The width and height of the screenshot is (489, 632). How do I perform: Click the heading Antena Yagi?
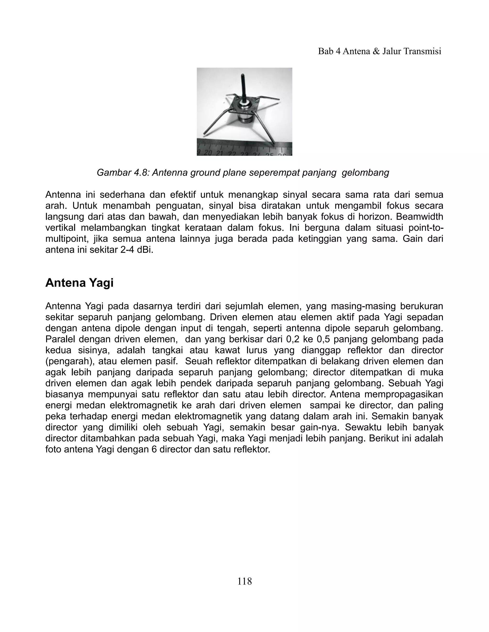click(x=79, y=283)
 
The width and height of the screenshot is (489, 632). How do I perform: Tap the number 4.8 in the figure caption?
click(x=141, y=172)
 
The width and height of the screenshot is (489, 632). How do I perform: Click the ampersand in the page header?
click(x=377, y=51)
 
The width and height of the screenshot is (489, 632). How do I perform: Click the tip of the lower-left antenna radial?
click(x=205, y=134)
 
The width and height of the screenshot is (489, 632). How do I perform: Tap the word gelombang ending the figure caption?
click(x=365, y=172)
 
